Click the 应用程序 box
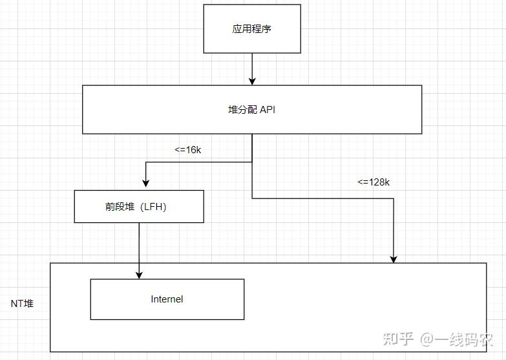[x=252, y=29]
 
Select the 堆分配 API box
[x=252, y=110]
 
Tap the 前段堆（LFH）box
[x=139, y=207]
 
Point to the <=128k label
[x=374, y=182]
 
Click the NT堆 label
[x=22, y=303]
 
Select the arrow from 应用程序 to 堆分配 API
[x=252, y=68]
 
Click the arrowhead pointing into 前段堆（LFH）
[x=146, y=185]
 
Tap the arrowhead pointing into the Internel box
[x=139, y=275]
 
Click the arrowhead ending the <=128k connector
[x=394, y=259]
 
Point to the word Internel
[x=167, y=299]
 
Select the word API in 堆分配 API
[x=268, y=110]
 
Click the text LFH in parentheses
[x=154, y=207]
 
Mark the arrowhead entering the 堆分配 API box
[x=252, y=81]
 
